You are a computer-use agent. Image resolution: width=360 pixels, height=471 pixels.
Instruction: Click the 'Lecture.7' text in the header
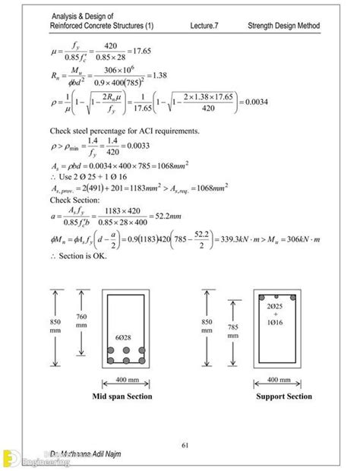[209, 27]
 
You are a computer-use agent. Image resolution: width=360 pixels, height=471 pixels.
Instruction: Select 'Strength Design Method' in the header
[283, 27]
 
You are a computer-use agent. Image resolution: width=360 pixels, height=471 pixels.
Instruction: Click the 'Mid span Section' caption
[122, 397]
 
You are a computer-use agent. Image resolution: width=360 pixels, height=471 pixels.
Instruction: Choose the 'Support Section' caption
[284, 397]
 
